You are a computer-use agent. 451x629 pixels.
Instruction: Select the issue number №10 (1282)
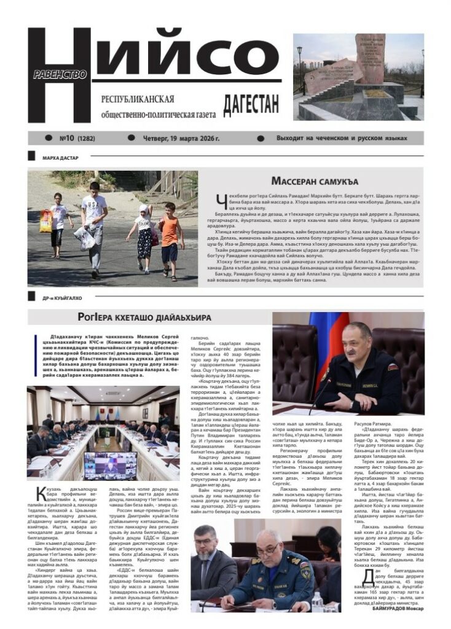coord(77,138)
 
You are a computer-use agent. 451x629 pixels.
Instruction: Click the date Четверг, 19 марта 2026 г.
coord(181,138)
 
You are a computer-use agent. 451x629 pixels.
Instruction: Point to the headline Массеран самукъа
coord(315,181)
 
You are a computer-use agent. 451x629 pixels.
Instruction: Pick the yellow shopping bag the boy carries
coord(46,221)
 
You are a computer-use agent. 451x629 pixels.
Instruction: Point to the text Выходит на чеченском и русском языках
coord(342,138)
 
